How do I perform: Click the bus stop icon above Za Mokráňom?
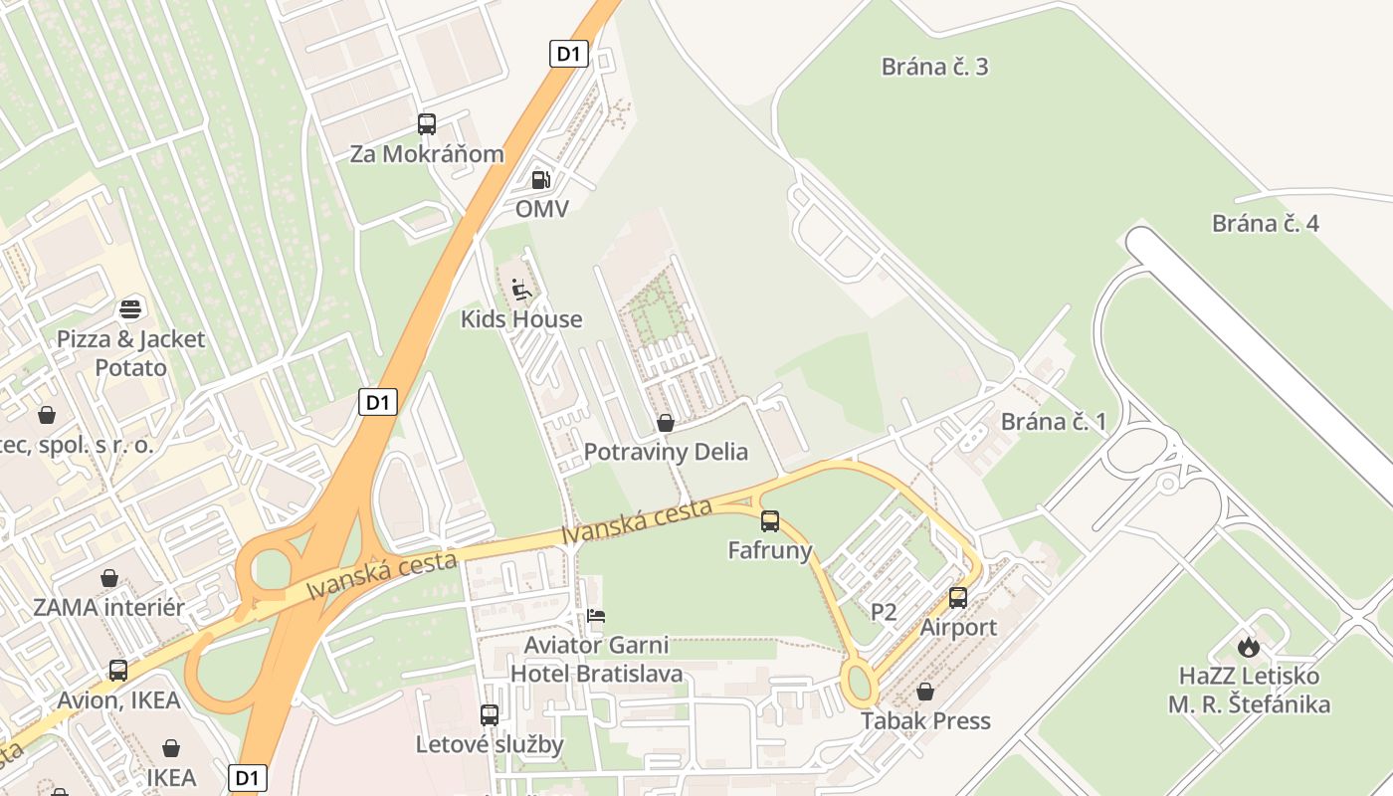(427, 124)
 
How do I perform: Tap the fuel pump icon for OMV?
(541, 180)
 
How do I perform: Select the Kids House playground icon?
(521, 290)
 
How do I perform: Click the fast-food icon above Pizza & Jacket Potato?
(130, 308)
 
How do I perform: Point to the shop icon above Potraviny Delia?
(666, 423)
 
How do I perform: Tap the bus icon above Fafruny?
(770, 520)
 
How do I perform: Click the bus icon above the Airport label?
(958, 598)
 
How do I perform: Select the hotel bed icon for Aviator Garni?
(596, 616)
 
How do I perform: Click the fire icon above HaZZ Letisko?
(1249, 647)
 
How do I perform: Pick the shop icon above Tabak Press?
(925, 692)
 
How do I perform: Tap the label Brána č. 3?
(934, 67)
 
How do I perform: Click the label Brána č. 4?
(1265, 223)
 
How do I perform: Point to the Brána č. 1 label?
(1053, 421)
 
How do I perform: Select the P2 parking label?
(884, 612)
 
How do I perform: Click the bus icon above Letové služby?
(490, 714)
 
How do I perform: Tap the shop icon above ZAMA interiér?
(109, 578)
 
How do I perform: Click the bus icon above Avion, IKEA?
(118, 671)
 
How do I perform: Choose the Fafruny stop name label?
(770, 550)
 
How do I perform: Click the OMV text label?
(541, 209)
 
